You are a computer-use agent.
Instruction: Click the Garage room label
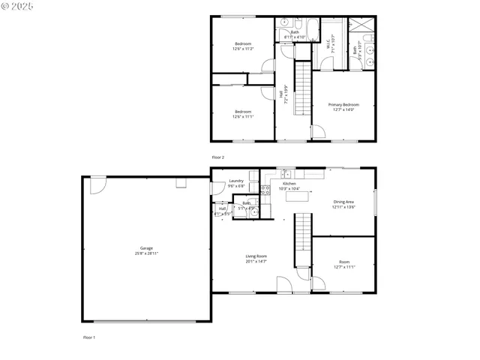146,247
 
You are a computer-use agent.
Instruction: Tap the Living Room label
256,256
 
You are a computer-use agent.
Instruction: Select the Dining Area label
344,202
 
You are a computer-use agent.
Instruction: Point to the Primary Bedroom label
344,104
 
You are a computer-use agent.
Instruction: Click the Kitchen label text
289,184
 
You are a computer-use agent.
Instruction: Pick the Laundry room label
236,181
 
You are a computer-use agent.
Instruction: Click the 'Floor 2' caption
218,157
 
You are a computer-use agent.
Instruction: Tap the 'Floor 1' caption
89,337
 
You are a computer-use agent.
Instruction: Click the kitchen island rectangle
297,197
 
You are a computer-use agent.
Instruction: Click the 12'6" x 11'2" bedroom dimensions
242,49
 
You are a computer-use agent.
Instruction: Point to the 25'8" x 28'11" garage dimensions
146,253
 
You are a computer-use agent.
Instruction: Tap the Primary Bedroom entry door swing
317,133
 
